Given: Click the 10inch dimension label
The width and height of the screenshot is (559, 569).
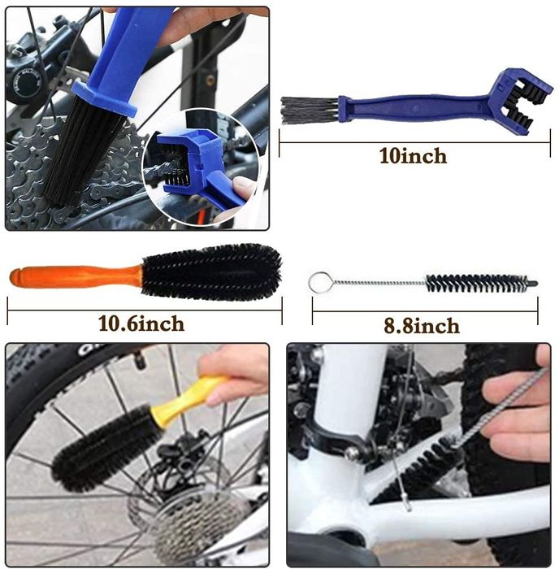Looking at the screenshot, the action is [413, 156].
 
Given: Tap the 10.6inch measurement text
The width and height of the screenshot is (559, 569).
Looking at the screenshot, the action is [141, 324].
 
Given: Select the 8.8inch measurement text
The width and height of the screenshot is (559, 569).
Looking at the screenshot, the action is [422, 325].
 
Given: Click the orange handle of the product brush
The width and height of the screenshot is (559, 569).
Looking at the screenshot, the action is [76, 276].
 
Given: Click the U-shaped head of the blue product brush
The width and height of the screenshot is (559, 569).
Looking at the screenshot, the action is [521, 98].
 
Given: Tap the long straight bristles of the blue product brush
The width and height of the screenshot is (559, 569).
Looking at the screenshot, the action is [310, 110].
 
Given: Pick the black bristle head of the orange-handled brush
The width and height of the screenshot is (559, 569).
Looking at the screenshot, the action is [211, 272].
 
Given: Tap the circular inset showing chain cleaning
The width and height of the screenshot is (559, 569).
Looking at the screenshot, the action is [201, 167].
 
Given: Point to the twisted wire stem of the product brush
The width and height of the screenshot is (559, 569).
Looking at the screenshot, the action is [379, 283].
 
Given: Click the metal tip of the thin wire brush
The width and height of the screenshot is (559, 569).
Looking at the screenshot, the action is [533, 283].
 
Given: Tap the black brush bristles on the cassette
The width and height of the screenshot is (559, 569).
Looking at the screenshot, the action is [84, 152].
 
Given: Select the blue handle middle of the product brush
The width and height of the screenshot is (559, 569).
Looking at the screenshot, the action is [414, 108].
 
